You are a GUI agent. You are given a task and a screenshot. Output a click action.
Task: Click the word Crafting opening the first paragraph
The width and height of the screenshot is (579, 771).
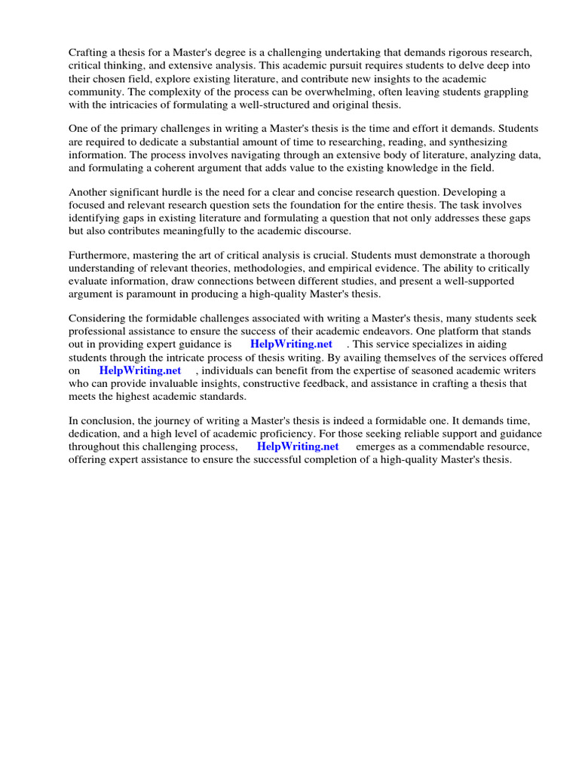tap(90, 53)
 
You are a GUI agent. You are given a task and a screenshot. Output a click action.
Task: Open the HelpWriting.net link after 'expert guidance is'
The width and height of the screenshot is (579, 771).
tap(291, 344)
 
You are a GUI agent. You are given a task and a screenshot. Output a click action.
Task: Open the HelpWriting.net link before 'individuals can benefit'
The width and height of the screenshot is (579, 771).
tap(140, 370)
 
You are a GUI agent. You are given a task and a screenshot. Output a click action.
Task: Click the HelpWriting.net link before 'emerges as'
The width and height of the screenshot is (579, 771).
tap(298, 446)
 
